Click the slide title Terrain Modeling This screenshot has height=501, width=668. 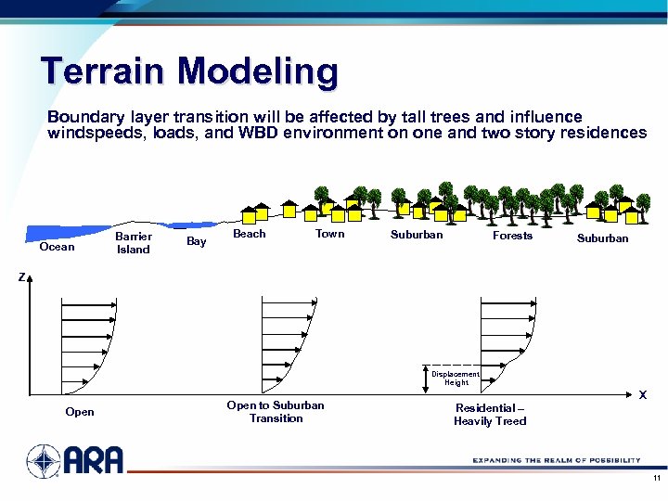[x=189, y=71]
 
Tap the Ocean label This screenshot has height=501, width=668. [x=57, y=247]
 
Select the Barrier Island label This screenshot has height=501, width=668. [x=133, y=243]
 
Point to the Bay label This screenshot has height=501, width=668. [x=197, y=241]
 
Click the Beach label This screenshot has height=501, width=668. [x=249, y=235]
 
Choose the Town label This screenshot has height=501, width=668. [x=329, y=235]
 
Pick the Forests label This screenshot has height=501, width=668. [x=512, y=236]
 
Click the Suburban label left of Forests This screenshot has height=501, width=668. [x=417, y=235]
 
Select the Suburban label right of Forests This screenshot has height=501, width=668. [x=602, y=238]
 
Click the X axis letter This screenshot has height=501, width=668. [x=642, y=395]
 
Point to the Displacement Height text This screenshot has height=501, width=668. [x=456, y=379]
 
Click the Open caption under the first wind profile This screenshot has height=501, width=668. [x=80, y=412]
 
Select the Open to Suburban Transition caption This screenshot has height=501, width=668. [x=276, y=412]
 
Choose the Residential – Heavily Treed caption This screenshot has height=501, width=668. [x=490, y=415]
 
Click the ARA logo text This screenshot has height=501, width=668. [x=94, y=460]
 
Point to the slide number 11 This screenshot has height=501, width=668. [x=656, y=479]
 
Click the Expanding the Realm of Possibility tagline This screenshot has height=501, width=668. [x=556, y=460]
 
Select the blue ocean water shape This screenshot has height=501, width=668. [x=65, y=231]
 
